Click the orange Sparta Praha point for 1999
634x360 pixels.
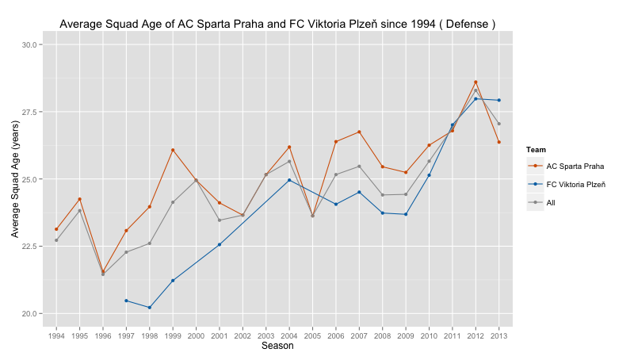(173, 150)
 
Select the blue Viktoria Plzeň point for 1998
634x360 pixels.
(150, 308)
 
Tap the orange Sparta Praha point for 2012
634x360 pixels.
(475, 82)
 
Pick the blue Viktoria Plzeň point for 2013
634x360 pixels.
(499, 101)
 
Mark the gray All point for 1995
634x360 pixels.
(80, 211)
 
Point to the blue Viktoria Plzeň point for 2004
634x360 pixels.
(289, 180)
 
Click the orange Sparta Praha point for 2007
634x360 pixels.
(359, 132)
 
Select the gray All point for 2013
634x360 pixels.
(499, 124)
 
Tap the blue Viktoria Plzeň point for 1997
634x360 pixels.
(126, 301)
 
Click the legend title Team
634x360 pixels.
(537, 150)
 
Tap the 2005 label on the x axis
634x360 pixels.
(312, 335)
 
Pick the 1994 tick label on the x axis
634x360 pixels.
(56, 335)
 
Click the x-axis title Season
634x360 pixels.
(277, 346)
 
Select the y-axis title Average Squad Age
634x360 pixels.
(15, 178)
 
